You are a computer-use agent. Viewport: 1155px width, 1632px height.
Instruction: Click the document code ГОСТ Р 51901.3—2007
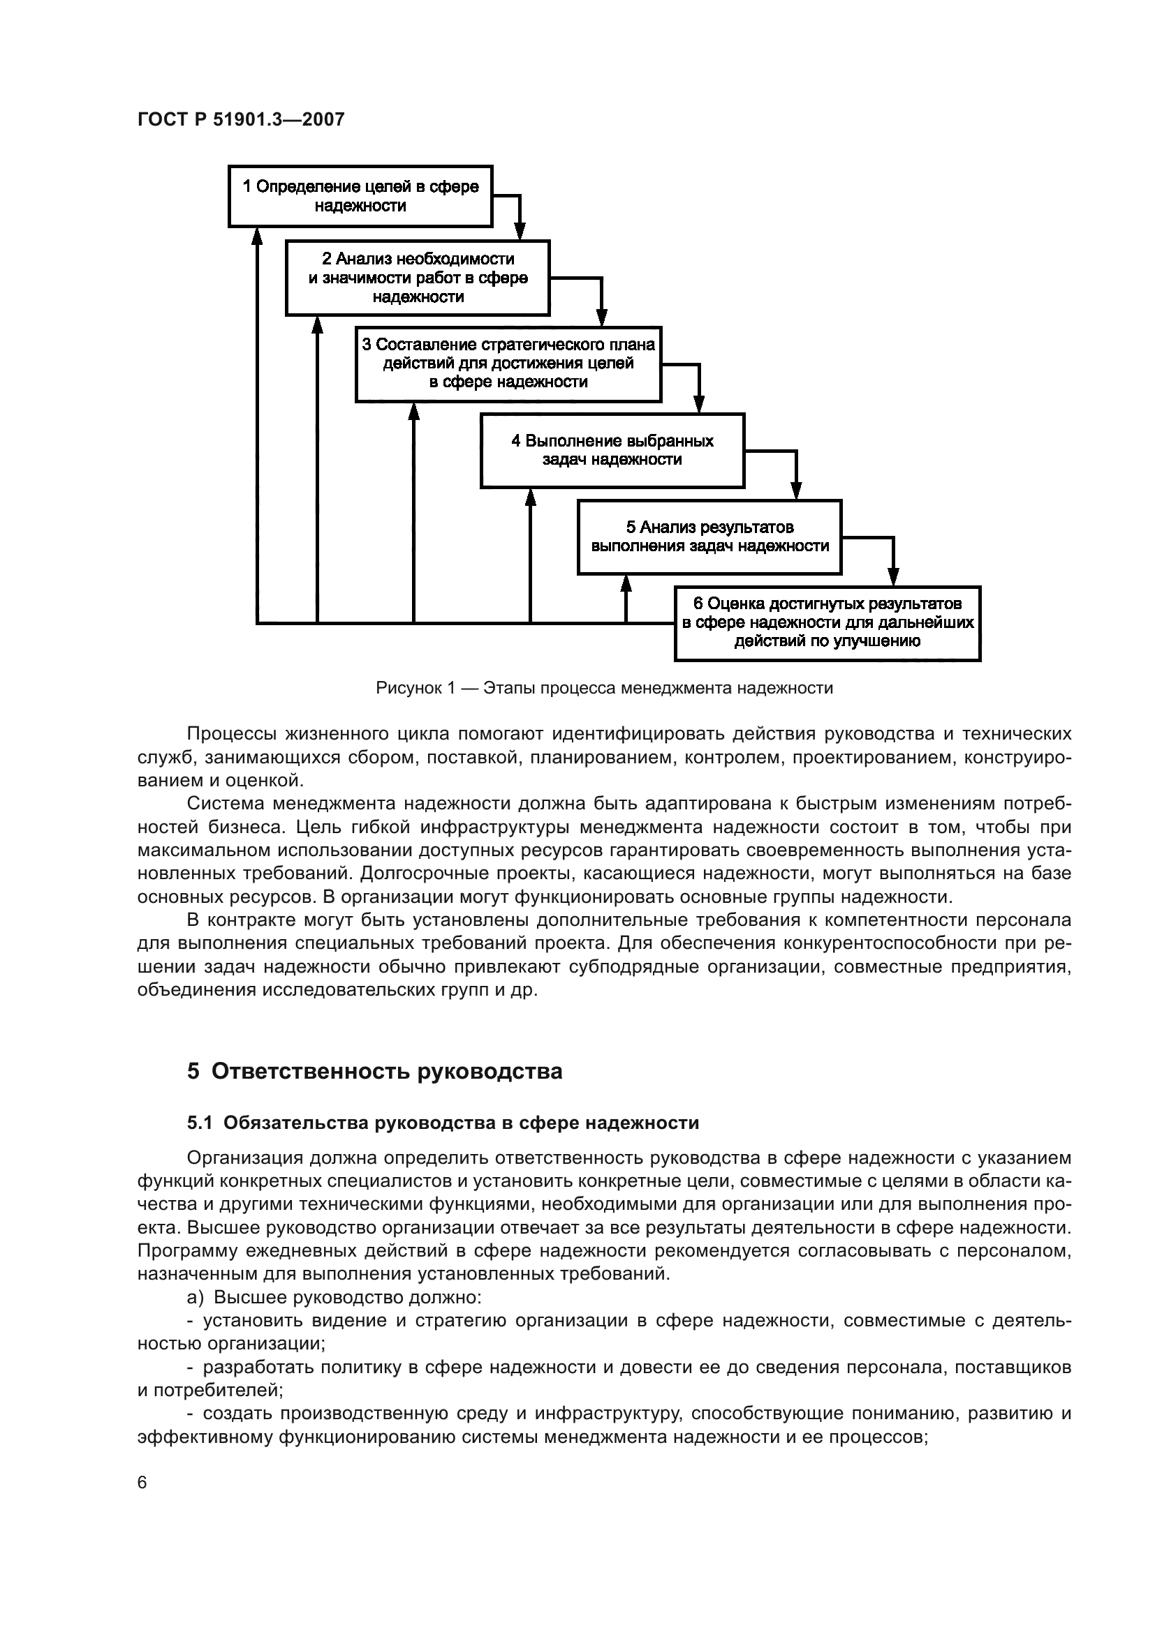[240, 119]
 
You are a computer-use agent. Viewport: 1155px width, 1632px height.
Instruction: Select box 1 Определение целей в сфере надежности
[360, 196]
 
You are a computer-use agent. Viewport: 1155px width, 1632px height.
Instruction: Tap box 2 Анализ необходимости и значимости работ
[418, 278]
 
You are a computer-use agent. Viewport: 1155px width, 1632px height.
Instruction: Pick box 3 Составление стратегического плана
[508, 364]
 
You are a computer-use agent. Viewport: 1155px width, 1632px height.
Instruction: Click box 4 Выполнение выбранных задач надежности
[612, 450]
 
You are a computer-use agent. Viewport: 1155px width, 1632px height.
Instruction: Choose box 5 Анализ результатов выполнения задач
[709, 537]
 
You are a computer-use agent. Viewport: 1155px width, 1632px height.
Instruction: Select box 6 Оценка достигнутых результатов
[827, 622]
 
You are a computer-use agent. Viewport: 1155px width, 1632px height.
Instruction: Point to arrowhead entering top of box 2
[520, 232]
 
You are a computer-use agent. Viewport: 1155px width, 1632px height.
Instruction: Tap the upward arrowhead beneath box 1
[258, 236]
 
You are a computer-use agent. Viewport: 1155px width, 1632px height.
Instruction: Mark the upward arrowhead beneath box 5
[626, 583]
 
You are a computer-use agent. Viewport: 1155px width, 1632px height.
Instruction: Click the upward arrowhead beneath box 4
[530, 497]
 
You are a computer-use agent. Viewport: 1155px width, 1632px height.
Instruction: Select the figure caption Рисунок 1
[604, 688]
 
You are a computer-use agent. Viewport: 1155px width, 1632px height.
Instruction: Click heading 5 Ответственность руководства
[374, 1071]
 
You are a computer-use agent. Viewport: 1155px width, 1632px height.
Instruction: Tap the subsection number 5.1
[200, 1123]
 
